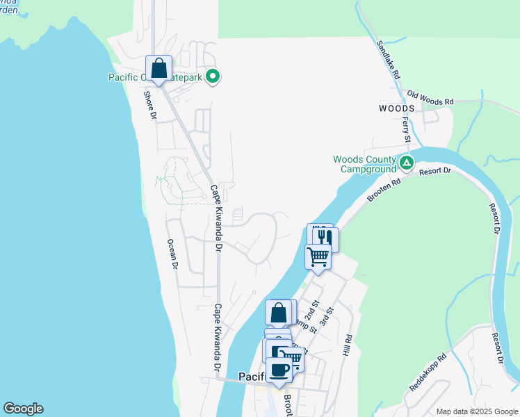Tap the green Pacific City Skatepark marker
click(213, 77)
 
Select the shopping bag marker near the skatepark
click(159, 69)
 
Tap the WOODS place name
click(396, 108)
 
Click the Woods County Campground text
click(365, 163)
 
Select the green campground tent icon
click(407, 164)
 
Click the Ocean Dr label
click(172, 255)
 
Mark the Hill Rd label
click(348, 347)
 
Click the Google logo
click(23, 409)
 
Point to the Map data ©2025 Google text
click(476, 411)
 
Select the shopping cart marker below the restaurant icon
click(318, 256)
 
